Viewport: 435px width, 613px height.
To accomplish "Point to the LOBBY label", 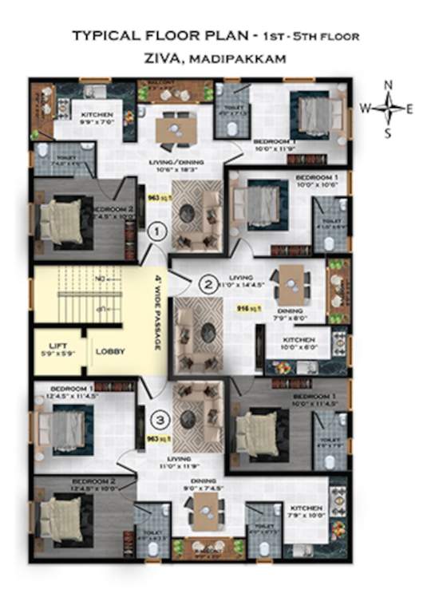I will (109, 350).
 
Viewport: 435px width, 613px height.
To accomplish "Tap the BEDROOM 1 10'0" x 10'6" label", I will (317, 180).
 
